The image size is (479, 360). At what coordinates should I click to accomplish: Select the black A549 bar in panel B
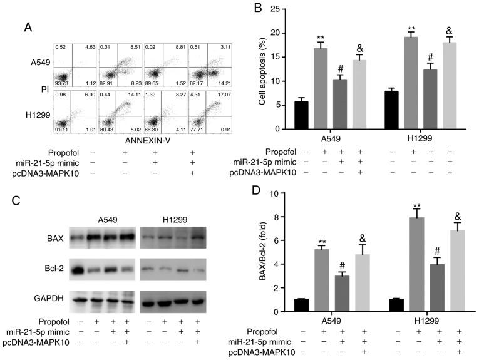click(x=301, y=115)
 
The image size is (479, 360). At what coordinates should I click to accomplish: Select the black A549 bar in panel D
click(x=301, y=305)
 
